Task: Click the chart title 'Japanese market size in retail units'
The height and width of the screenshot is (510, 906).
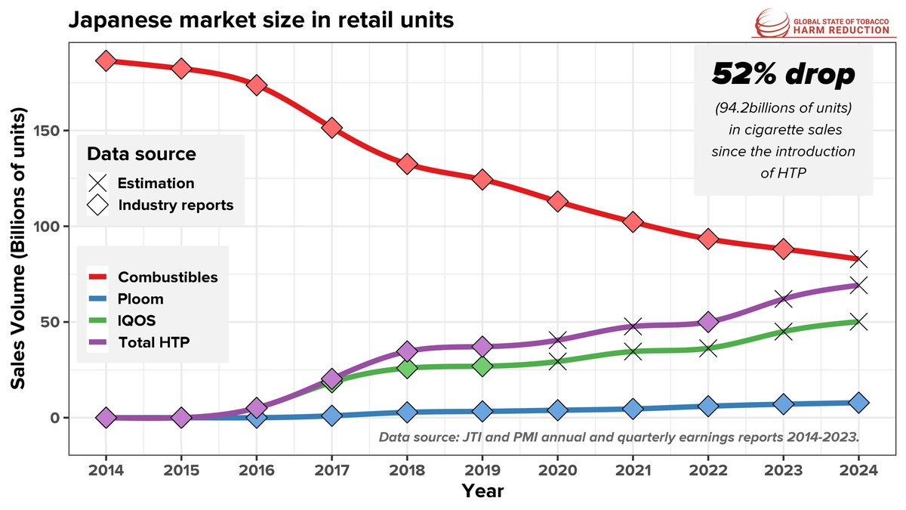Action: coord(260,20)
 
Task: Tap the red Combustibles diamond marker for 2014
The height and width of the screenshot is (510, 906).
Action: coord(106,61)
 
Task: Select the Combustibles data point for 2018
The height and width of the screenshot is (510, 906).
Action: coord(407,164)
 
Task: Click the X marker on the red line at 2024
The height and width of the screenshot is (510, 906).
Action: coord(858,259)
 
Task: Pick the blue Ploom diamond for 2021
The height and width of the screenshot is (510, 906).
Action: coord(633,409)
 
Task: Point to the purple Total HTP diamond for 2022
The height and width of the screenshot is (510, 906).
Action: coord(708,322)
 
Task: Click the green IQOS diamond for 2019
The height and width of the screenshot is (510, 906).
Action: coord(482,366)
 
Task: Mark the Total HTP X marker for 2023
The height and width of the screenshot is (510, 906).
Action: coord(784,299)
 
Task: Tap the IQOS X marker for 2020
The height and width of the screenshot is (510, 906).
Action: coord(558,362)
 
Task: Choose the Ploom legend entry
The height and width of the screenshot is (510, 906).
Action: coord(140,298)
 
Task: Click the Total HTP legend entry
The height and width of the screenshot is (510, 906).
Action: coord(153,342)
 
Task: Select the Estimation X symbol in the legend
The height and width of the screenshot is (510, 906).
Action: coord(97,183)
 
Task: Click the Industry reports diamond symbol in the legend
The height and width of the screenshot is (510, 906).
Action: coord(97,205)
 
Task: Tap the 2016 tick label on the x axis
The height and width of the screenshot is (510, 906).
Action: coord(257,470)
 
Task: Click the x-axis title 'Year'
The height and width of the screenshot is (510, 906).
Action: coord(482,491)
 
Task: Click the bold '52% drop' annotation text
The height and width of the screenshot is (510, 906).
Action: coord(783,74)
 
